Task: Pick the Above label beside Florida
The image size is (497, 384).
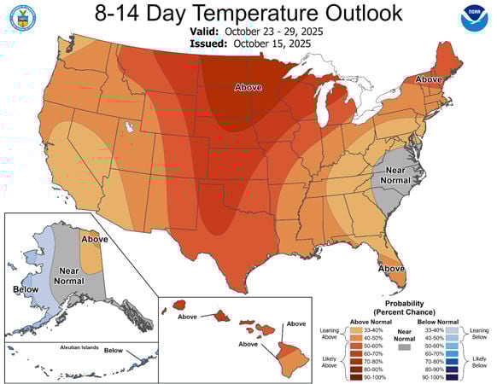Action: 392,269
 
